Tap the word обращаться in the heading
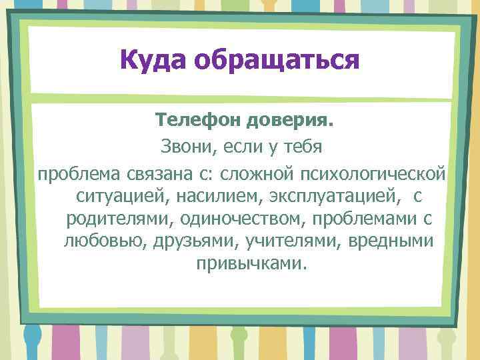coord(277,61)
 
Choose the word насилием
coord(203,197)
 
